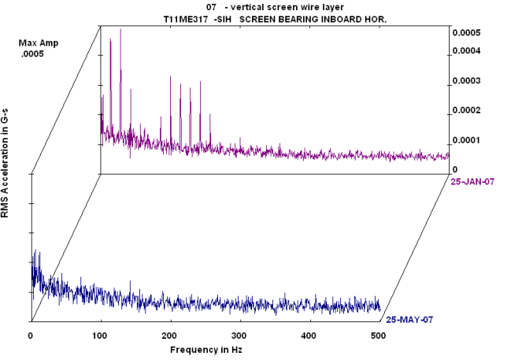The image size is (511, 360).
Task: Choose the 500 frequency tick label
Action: click(x=379, y=336)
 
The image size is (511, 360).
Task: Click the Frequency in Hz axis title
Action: click(x=205, y=348)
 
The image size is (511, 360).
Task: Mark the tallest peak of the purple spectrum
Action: click(x=120, y=29)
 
